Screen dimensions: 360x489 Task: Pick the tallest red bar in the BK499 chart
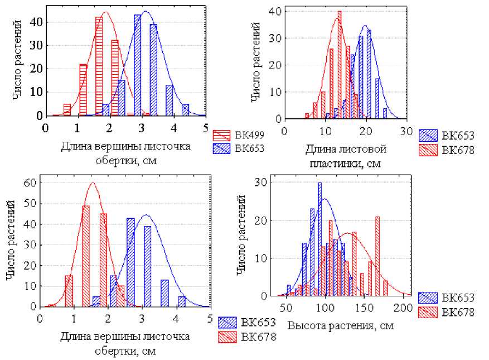(x=99, y=66)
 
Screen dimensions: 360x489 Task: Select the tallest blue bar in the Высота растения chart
(x=319, y=239)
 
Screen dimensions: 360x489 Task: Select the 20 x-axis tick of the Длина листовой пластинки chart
(x=366, y=130)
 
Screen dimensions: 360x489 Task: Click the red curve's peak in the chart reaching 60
(x=93, y=183)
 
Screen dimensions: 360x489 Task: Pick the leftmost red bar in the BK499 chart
(x=67, y=109)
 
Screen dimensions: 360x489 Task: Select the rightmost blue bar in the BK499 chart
(x=185, y=110)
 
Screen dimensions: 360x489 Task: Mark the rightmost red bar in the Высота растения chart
(x=386, y=288)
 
